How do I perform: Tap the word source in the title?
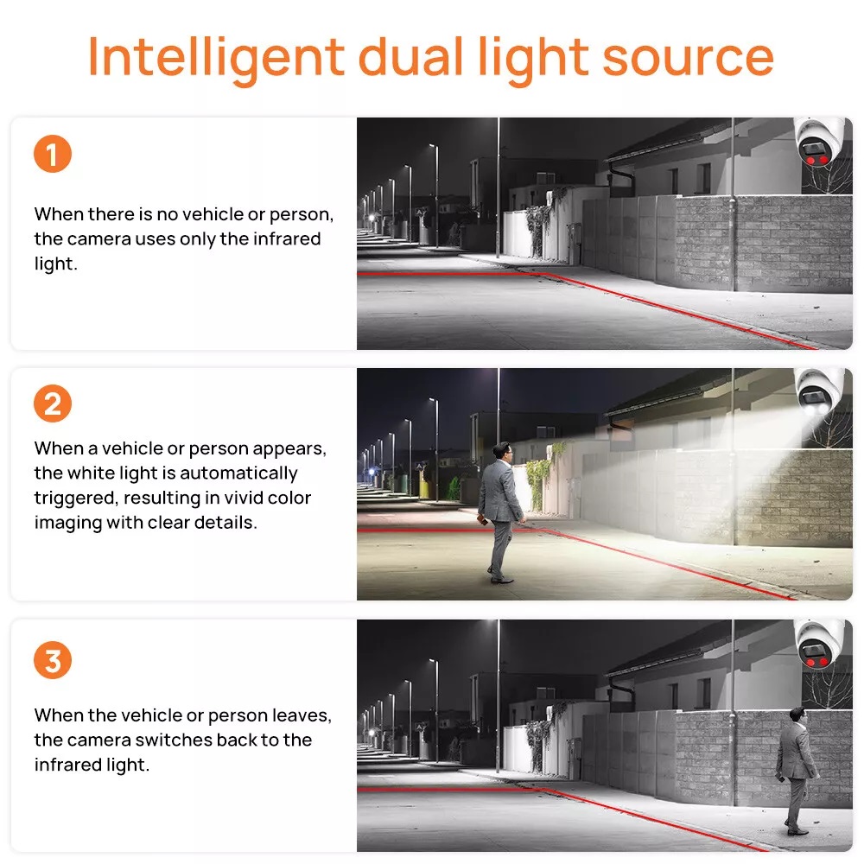[x=689, y=57]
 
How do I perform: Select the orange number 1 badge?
[x=53, y=154]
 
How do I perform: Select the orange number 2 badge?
[x=53, y=403]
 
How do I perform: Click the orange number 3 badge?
[x=53, y=659]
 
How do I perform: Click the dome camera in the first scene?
[x=820, y=142]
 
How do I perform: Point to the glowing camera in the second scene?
[x=819, y=391]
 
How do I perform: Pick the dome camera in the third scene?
[x=819, y=644]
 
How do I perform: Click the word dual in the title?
[x=410, y=56]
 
